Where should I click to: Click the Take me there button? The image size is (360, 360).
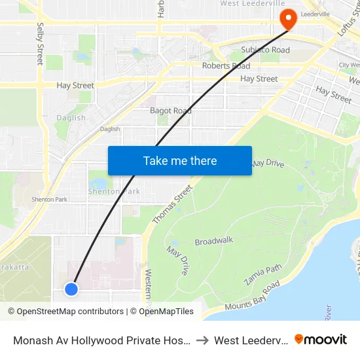click(x=180, y=160)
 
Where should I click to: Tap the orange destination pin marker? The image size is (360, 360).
click(x=287, y=19)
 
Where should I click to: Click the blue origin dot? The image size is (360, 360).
click(x=71, y=289)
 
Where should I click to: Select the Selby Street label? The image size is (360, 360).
click(x=40, y=44)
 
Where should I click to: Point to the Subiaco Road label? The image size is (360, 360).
click(x=265, y=50)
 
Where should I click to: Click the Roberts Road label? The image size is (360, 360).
click(x=226, y=66)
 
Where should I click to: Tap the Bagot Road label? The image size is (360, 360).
click(x=170, y=111)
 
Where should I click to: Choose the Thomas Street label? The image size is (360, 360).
click(x=172, y=204)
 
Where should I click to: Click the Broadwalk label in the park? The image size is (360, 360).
click(x=214, y=241)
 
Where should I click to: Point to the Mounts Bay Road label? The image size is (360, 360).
click(x=252, y=296)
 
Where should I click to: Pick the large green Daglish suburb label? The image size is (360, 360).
click(x=71, y=118)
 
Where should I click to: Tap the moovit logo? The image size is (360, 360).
click(x=321, y=339)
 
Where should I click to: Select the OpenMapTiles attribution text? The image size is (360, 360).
click(x=162, y=312)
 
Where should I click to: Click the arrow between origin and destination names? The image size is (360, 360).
click(x=203, y=340)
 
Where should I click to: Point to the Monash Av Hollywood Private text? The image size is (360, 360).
click(x=101, y=340)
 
